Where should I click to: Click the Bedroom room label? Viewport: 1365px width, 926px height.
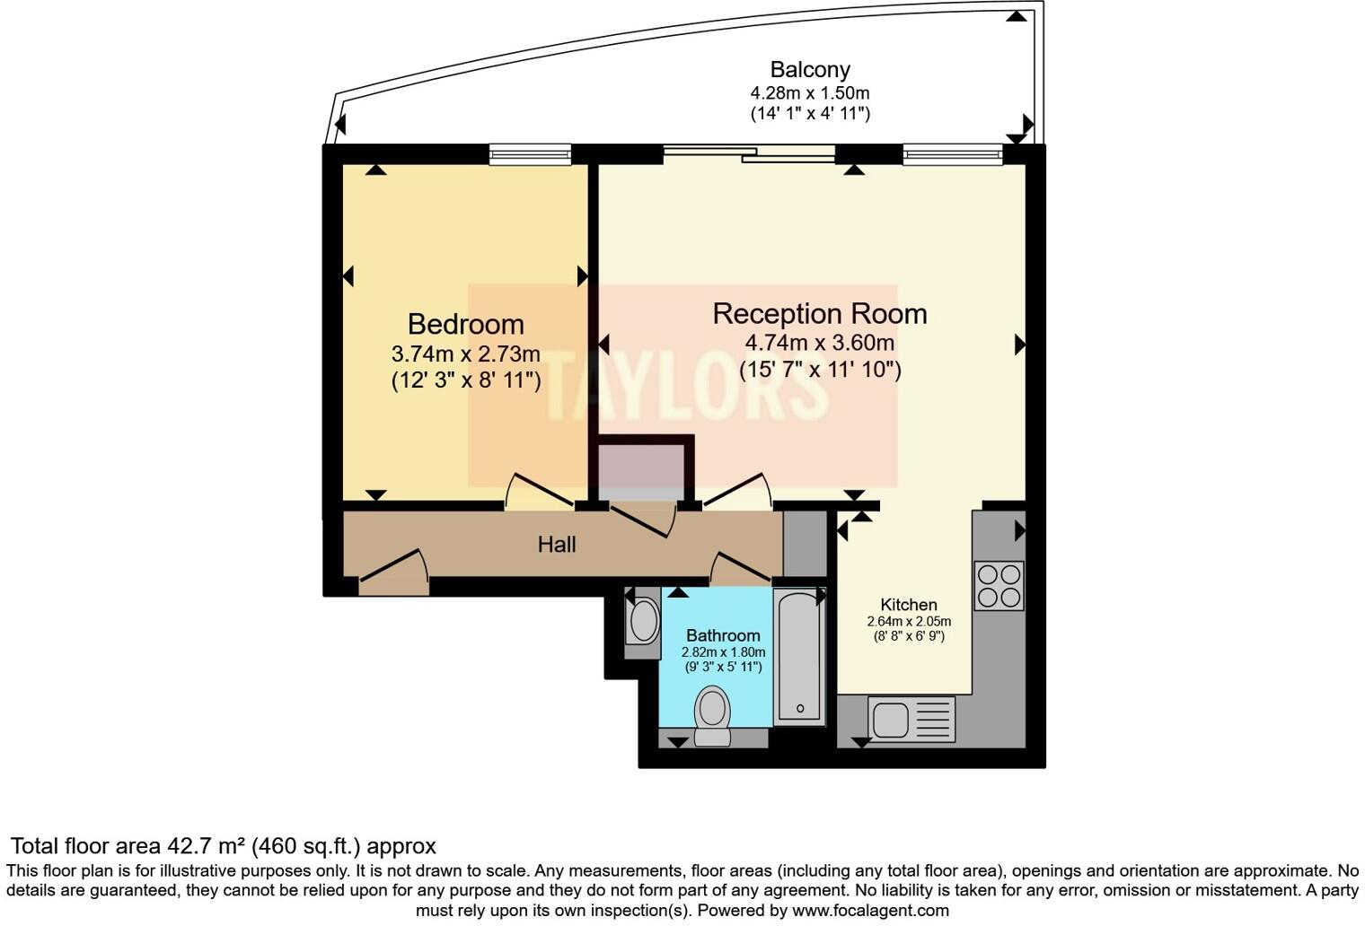click(465, 324)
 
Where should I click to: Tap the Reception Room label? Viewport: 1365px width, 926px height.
click(820, 314)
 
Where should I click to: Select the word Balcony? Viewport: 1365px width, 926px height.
click(810, 69)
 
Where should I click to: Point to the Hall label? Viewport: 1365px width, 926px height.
click(557, 545)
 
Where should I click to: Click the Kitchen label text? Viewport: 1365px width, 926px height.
click(909, 605)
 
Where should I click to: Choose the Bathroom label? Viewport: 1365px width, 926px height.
click(723, 635)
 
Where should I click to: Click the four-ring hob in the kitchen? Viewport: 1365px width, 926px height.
click(999, 586)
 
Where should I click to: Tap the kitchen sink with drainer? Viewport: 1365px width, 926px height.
click(911, 719)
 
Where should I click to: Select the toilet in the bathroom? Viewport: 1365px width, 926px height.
click(712, 716)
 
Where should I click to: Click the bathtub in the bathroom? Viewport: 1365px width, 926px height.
click(799, 656)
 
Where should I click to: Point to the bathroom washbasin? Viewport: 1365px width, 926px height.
click(643, 622)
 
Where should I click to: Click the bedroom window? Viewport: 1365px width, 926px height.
click(530, 154)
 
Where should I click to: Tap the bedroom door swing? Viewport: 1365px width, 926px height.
click(539, 491)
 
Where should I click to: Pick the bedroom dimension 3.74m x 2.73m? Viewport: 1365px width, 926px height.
click(465, 354)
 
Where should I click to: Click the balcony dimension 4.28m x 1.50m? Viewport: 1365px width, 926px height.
click(810, 93)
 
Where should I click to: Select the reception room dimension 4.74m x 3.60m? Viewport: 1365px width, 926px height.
click(820, 343)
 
